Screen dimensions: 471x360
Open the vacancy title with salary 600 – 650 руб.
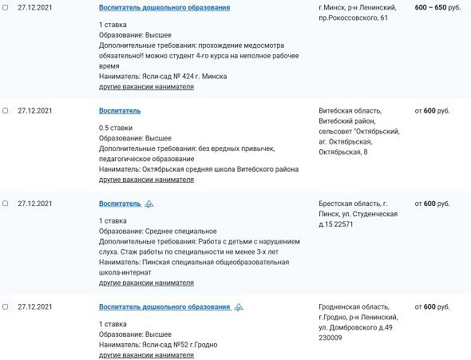pyautogui.click(x=164, y=7)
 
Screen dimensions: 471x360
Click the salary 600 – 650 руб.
pyautogui.click(x=437, y=7)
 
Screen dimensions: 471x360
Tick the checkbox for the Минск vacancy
pyautogui.click(x=6, y=7)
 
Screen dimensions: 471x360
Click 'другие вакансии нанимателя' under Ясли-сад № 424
pyautogui.click(x=146, y=86)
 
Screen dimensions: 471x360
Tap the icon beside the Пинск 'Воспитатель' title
pyautogui.click(x=148, y=204)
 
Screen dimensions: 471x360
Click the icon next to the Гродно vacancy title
pyautogui.click(x=239, y=307)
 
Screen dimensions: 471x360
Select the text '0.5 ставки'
pyautogui.click(x=116, y=128)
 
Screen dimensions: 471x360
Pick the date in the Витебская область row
pyautogui.click(x=34, y=111)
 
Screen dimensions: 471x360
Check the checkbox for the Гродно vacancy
pyautogui.click(x=6, y=307)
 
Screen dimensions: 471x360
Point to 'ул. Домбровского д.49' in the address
pyautogui.click(x=354, y=328)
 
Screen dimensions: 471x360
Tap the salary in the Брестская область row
pyautogui.click(x=432, y=204)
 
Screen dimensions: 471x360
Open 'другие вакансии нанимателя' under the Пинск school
pyautogui.click(x=146, y=283)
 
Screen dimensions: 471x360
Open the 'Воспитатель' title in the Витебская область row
pyautogui.click(x=120, y=111)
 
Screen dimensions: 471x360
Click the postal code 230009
pyautogui.click(x=330, y=338)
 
